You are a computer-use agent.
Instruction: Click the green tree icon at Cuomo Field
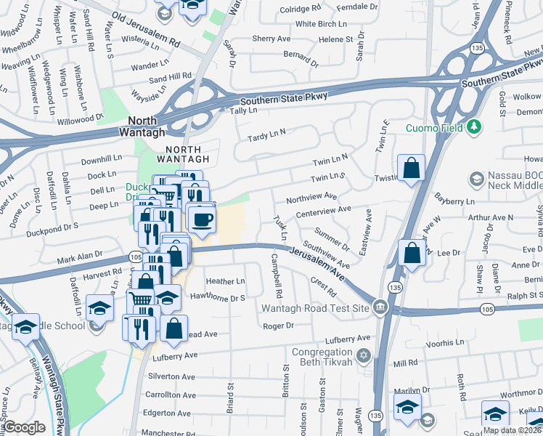[475, 127]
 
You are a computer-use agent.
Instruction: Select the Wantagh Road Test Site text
[316, 307]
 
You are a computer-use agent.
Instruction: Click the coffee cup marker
[202, 218]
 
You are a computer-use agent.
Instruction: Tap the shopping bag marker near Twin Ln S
[412, 169]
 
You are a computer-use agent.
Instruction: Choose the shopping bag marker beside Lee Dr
[412, 254]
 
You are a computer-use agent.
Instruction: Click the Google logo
[25, 427]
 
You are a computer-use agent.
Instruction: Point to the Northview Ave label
[311, 196]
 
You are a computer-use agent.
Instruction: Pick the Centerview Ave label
[324, 209]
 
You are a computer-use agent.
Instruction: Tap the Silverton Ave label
[172, 376]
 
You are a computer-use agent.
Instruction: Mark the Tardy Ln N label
[266, 135]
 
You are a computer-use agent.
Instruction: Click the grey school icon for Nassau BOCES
[477, 179]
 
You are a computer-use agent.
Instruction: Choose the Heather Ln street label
[225, 281]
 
